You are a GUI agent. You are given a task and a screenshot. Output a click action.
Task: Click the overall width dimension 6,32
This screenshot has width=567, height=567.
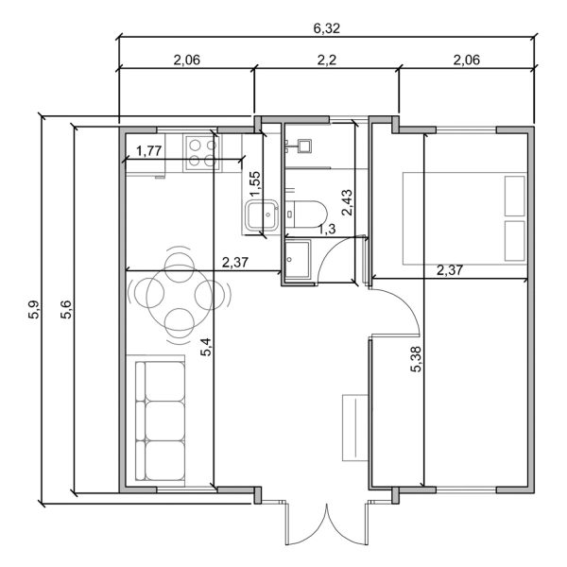coord(327,28)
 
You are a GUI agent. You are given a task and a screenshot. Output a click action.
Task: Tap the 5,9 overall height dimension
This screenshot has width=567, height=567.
coord(34,309)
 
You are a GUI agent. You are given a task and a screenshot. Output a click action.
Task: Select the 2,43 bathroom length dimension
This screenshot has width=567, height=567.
coord(347,203)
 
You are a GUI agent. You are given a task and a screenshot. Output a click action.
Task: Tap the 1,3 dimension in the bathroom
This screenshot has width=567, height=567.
coord(326,229)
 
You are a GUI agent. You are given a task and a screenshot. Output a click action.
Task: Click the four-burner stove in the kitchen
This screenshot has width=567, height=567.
coord(199,152)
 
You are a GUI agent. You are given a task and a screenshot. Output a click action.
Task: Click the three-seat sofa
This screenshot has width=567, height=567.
coord(161,420)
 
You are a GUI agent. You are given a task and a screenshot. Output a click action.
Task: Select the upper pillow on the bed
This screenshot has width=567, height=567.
coord(515,197)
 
